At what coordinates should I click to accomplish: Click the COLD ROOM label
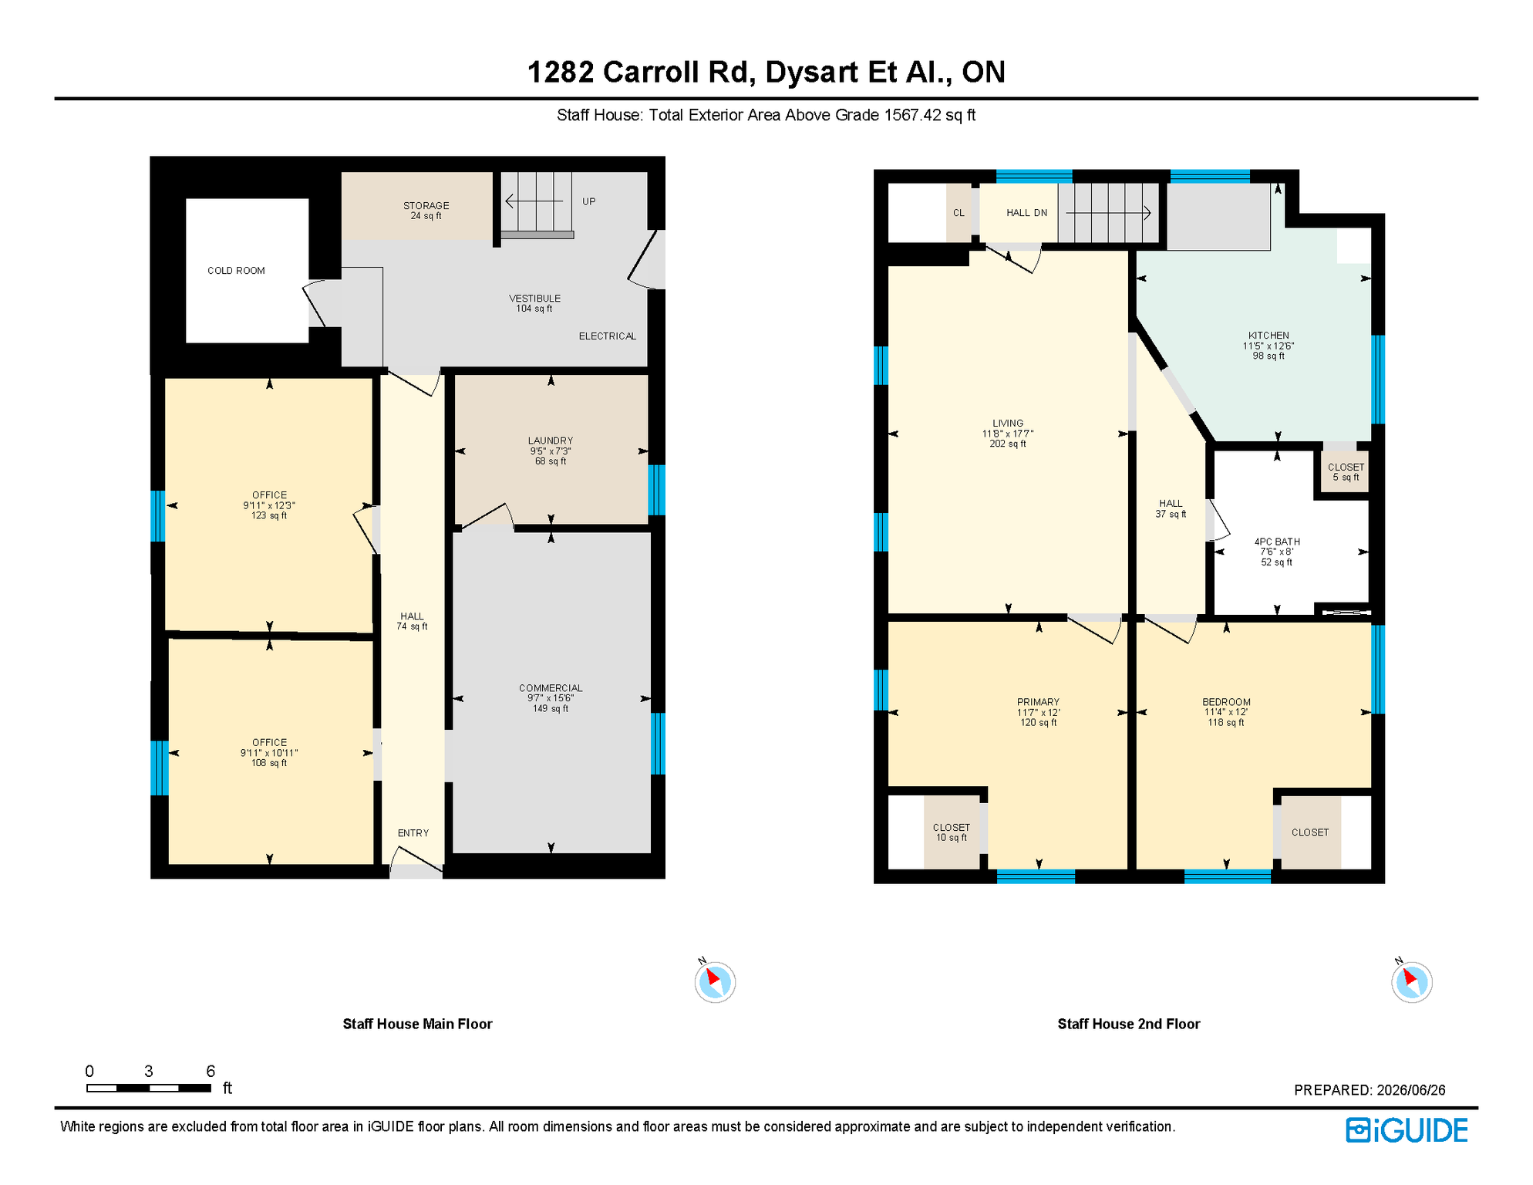tap(236, 271)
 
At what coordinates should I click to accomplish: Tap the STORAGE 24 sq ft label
tap(426, 211)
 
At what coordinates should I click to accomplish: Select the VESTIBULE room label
tap(534, 303)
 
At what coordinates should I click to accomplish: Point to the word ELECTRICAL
tap(608, 336)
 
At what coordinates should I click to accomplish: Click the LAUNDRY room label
tap(551, 451)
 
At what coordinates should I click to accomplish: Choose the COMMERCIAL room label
tap(551, 698)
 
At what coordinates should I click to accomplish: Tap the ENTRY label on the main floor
tap(413, 833)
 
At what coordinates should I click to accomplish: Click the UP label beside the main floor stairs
tap(589, 201)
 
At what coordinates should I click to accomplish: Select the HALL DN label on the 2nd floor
tap(1026, 213)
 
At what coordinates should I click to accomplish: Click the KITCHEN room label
tap(1269, 346)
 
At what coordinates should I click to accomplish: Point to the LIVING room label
tap(1008, 434)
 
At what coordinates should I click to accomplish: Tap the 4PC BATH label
tap(1277, 552)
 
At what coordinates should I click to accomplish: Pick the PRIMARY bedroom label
tap(1038, 712)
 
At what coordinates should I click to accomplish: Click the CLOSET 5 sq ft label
tap(1346, 472)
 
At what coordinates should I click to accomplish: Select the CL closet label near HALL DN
tap(959, 213)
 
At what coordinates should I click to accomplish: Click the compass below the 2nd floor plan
tap(1412, 982)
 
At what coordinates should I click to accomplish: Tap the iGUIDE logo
tap(1407, 1130)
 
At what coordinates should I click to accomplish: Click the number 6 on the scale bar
tap(211, 1071)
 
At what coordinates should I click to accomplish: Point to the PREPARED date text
tap(1370, 1090)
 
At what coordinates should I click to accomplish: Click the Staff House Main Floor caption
tap(417, 1024)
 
